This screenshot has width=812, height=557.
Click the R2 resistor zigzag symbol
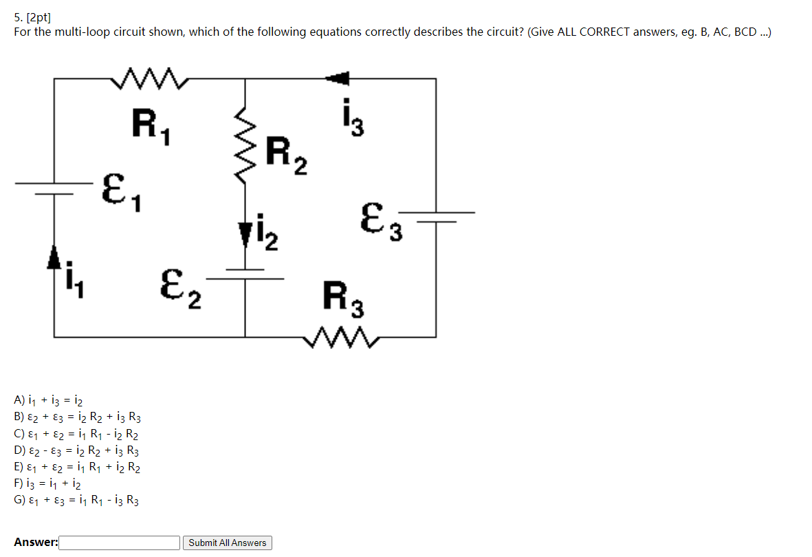(245, 146)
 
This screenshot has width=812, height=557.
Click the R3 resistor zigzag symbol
(341, 337)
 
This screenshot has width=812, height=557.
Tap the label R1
(152, 127)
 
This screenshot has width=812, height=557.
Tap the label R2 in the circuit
(286, 155)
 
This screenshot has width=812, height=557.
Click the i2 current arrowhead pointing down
(245, 235)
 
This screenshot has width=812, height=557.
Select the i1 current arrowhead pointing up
(54, 259)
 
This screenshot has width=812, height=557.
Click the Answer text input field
(120, 543)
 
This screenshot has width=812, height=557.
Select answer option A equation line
(49, 400)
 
